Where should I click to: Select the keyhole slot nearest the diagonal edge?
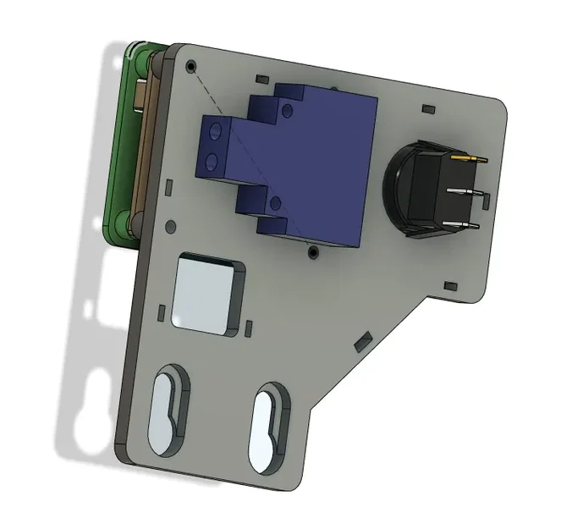269,427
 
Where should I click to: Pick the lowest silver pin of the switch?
467,225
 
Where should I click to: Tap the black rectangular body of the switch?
423,193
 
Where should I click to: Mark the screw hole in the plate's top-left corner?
190,66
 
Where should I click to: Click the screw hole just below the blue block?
313,251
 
